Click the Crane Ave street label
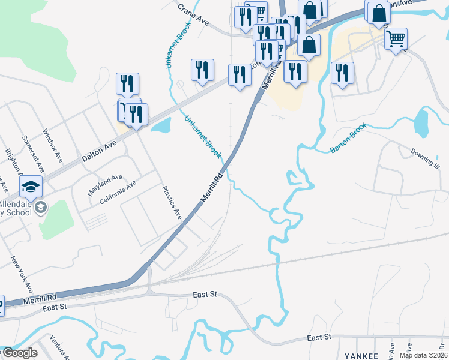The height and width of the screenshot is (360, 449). point(193,15)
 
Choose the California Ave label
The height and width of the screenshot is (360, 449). point(118,192)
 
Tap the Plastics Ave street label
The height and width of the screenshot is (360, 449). point(173,203)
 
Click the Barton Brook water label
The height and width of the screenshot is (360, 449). point(348,139)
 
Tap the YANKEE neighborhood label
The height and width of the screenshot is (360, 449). point(361,356)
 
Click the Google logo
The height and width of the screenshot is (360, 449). point(20,353)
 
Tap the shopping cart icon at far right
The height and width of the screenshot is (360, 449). point(396,39)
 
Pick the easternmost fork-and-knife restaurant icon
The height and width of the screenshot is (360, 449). point(342,73)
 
